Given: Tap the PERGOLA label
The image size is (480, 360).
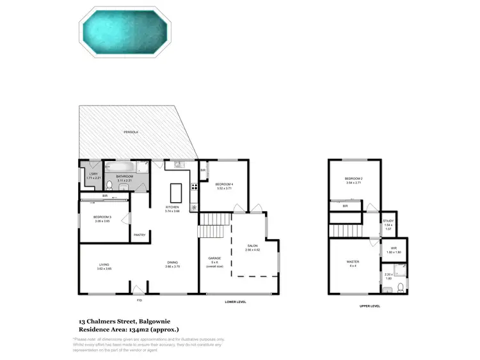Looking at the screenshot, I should pyautogui.click(x=131, y=132).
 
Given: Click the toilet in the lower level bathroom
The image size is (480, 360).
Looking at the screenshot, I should pyautogui.click(x=110, y=185).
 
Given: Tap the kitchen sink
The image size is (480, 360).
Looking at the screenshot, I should pyautogui.click(x=177, y=166).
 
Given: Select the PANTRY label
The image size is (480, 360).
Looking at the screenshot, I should pyautogui.click(x=140, y=235).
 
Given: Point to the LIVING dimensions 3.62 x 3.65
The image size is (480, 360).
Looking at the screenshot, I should pyautogui.click(x=104, y=269).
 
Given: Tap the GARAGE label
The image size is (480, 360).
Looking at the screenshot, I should pyautogui.click(x=214, y=258).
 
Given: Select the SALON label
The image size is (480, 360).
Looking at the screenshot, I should pyautogui.click(x=252, y=246).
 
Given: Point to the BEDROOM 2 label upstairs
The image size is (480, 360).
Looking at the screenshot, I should pyautogui.click(x=353, y=178).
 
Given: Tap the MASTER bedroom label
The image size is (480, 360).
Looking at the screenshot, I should pyautogui.click(x=353, y=261).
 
